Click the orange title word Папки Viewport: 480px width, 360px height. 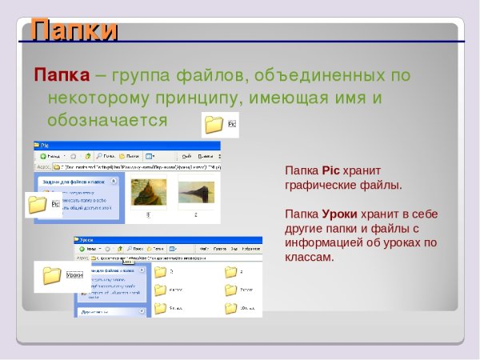tap(74, 30)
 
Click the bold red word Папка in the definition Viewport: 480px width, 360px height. tap(61, 76)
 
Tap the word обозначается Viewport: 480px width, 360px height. tap(107, 121)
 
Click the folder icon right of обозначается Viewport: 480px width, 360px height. tap(214, 124)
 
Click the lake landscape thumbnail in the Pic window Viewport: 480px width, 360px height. tap(196, 193)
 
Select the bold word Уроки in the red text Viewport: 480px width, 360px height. tap(339, 214)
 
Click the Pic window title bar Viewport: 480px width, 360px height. tap(120, 146)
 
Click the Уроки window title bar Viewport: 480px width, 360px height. tap(160, 240)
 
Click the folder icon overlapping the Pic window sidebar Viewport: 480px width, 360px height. tap(37, 204)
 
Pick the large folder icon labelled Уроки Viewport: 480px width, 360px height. tap(53, 276)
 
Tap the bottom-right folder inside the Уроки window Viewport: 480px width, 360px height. tap(230, 307)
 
